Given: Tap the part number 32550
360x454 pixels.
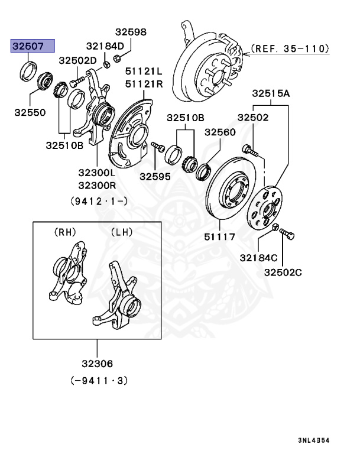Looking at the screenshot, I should pos(30,111).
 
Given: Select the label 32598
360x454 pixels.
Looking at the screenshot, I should pos(131,32).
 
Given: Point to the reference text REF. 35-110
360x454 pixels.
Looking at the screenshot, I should pos(290,48).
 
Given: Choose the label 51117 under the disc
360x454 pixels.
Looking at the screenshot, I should pos(219,237).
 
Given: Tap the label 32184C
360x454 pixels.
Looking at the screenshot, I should pos(258,258).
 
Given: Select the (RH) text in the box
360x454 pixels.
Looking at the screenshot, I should pos(65,232).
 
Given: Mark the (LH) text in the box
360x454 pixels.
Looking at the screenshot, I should pos(122,232).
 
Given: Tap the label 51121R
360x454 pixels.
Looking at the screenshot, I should pos(144,84).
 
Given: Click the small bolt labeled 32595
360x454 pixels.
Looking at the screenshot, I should pos(156,145).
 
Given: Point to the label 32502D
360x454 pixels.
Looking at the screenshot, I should pos(77,60).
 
